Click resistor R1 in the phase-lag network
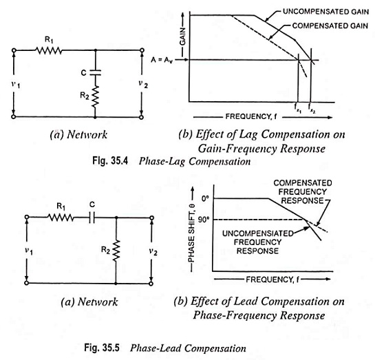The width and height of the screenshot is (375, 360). click(49, 50)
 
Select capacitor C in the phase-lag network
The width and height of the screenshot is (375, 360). click(95, 72)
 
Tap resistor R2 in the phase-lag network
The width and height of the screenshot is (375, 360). click(95, 96)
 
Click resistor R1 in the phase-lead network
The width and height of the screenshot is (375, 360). click(61, 218)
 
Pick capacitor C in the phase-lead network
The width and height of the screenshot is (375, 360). click(92, 218)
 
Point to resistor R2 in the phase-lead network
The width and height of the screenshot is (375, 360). click(116, 251)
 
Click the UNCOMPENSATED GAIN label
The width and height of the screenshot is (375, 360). click(325, 12)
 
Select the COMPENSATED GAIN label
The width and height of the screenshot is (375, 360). click(330, 25)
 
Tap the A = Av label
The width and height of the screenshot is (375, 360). click(162, 60)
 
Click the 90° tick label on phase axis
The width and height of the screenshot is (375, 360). click(204, 220)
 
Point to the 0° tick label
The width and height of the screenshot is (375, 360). click(205, 198)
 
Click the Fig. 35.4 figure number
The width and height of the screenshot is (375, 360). click(110, 161)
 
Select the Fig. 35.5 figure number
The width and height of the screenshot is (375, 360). click(102, 348)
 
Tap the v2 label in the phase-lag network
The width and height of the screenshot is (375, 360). click(143, 84)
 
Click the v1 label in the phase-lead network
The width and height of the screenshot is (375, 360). click(29, 251)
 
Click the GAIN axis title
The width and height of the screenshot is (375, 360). click(182, 36)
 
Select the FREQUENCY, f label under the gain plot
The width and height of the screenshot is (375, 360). click(251, 117)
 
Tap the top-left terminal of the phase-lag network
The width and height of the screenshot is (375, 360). click(14, 50)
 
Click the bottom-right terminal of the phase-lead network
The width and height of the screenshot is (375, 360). click(151, 284)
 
